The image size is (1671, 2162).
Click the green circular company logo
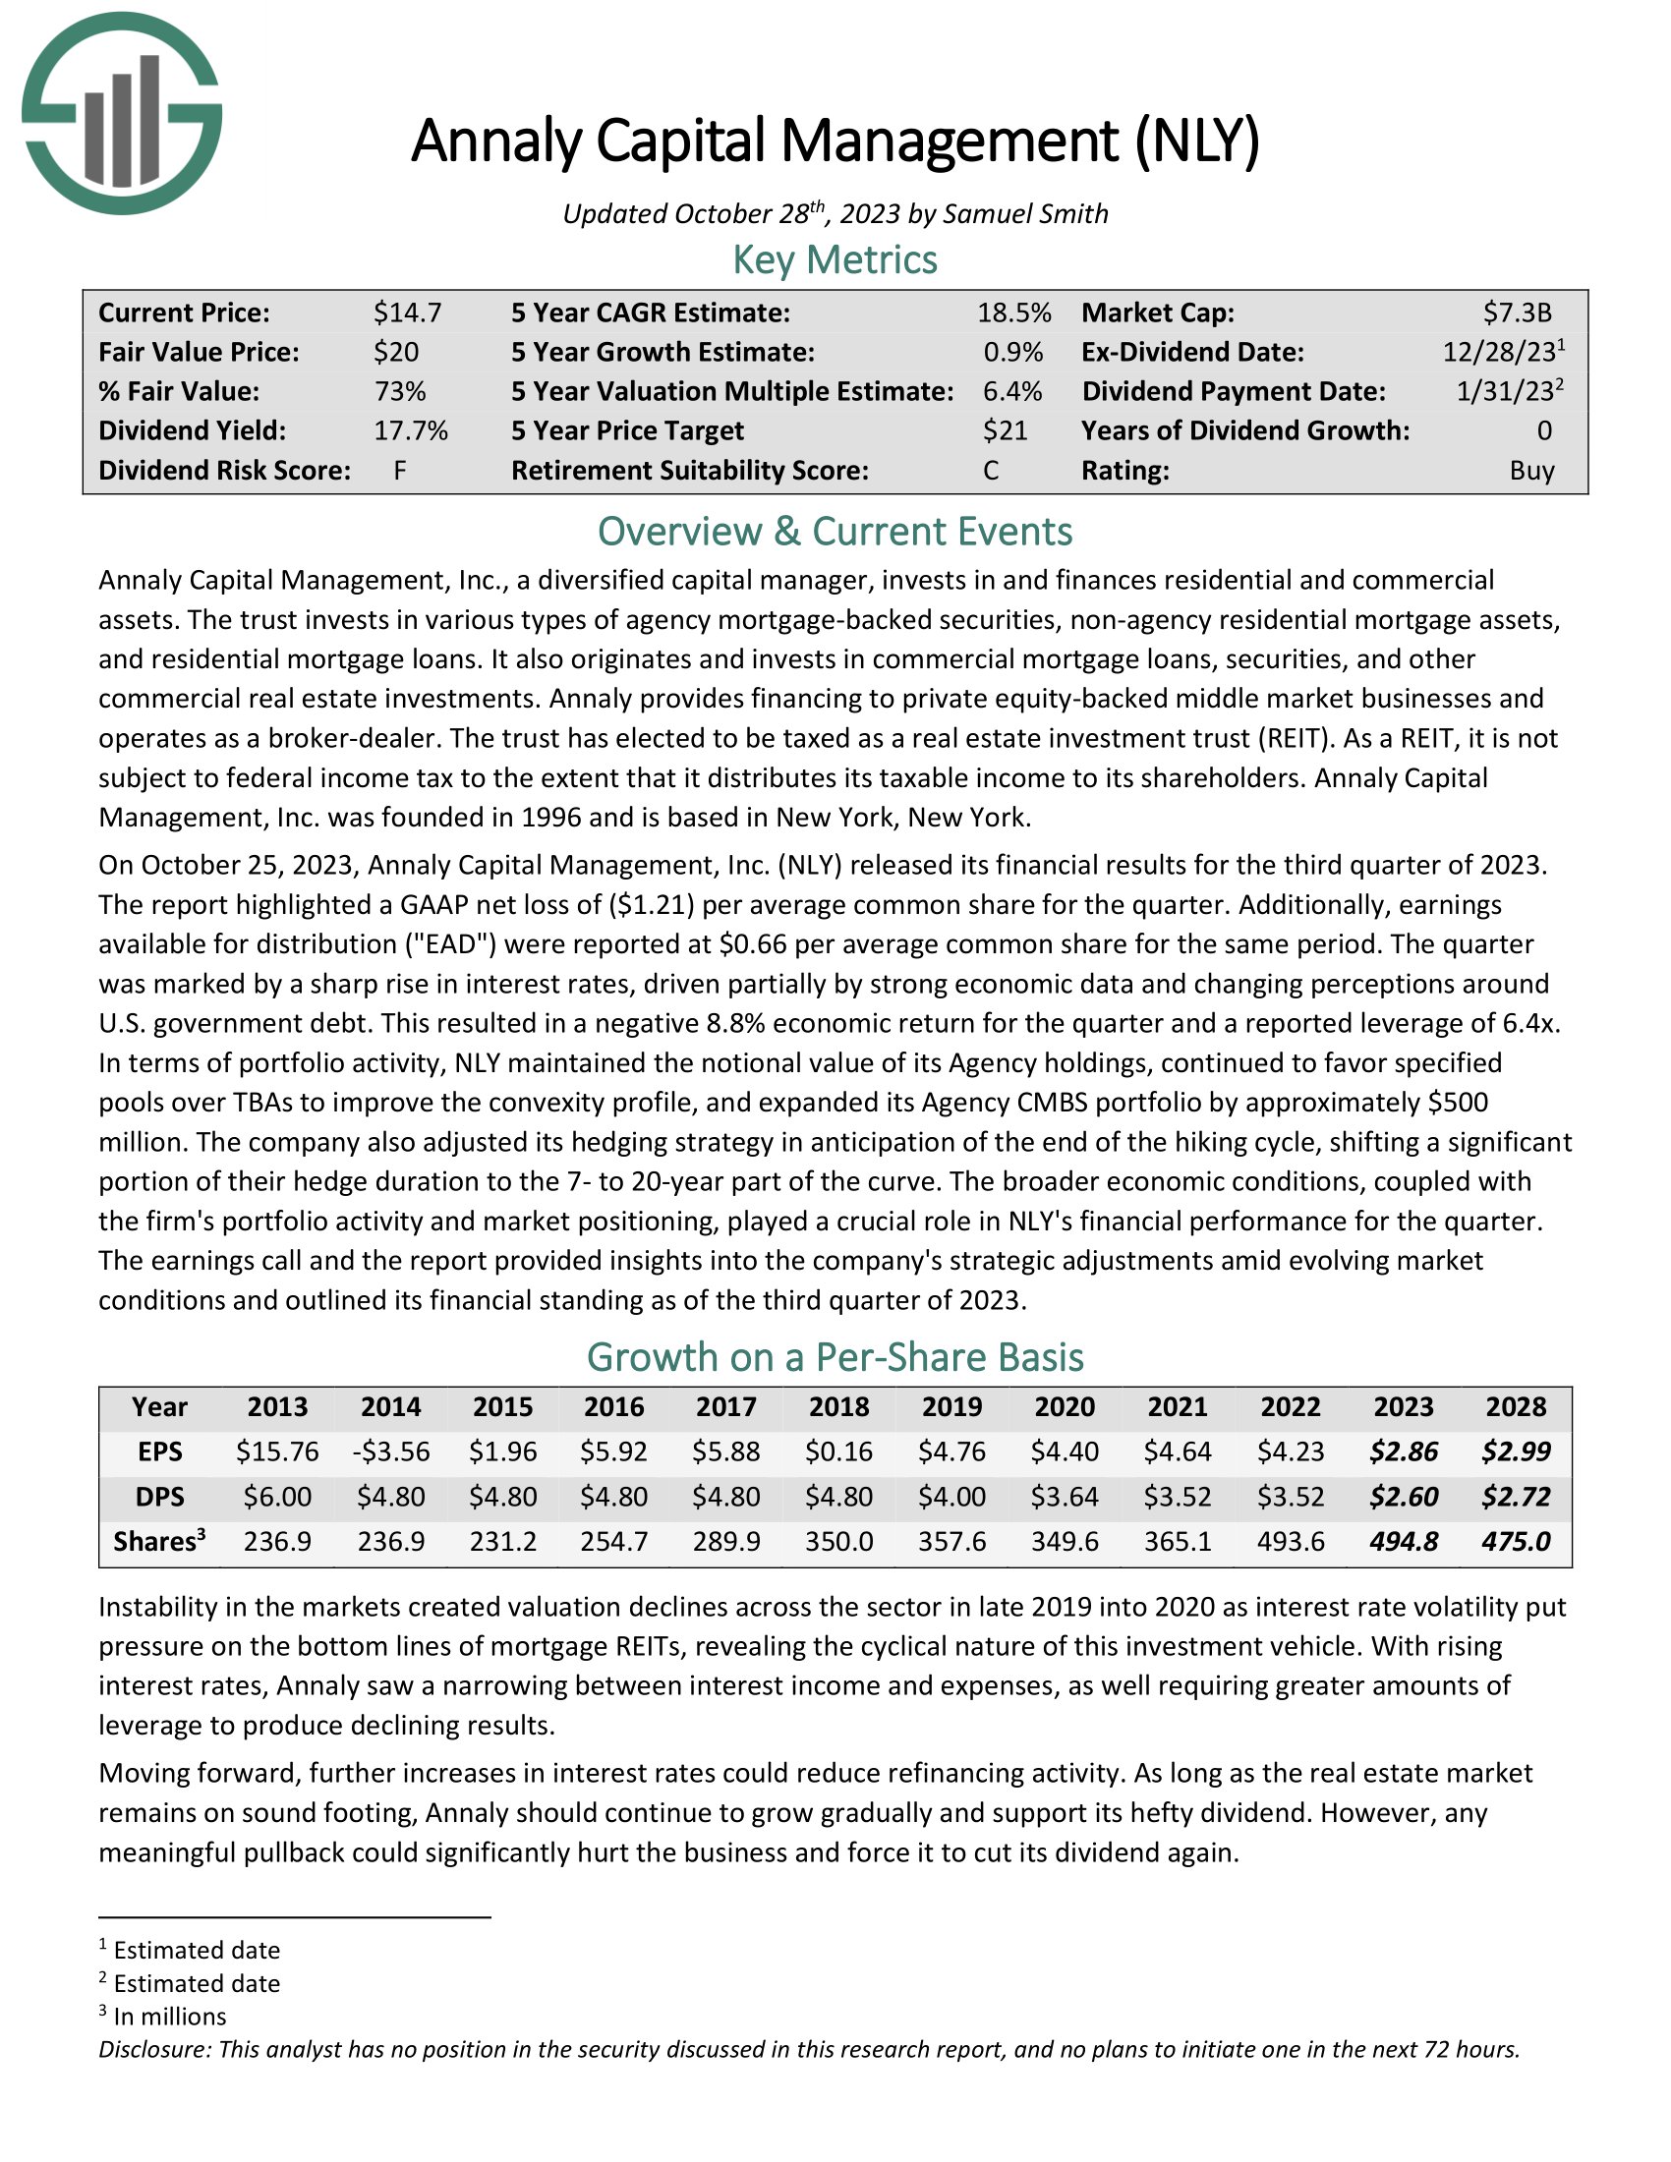click(x=122, y=113)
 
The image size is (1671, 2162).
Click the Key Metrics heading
click(x=835, y=259)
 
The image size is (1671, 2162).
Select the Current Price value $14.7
click(x=407, y=313)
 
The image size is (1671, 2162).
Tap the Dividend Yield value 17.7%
click(x=411, y=430)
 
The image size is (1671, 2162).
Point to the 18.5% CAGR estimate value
click(x=1013, y=313)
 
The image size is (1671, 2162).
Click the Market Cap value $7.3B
click(x=1517, y=313)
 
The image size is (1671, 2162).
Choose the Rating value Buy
click(x=1531, y=470)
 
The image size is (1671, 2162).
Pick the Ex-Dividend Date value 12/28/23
click(x=1499, y=353)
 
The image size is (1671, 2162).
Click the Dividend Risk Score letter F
click(x=400, y=470)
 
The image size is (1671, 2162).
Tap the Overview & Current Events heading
click(x=835, y=532)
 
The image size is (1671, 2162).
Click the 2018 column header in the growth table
click(x=839, y=1406)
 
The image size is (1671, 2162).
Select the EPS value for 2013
click(x=277, y=1451)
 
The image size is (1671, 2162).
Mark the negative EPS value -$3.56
click(x=391, y=1451)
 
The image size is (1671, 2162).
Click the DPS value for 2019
click(x=952, y=1496)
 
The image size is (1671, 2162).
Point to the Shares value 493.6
click(x=1291, y=1541)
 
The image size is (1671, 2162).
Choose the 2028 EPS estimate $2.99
click(x=1516, y=1451)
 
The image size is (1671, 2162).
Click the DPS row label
click(x=159, y=1496)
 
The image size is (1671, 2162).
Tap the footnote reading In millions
click(x=169, y=2017)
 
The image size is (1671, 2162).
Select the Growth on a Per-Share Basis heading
click(x=835, y=1356)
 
